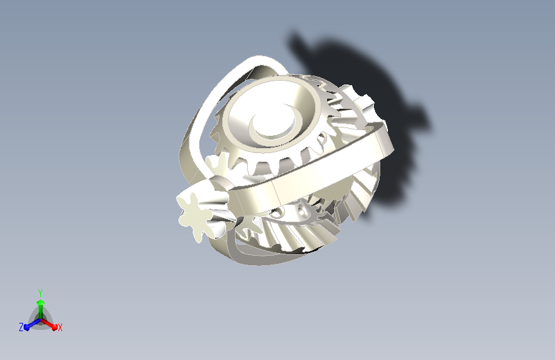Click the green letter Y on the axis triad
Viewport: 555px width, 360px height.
(x=40, y=293)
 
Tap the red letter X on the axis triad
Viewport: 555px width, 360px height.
(x=60, y=327)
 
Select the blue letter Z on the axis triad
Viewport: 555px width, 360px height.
(x=21, y=327)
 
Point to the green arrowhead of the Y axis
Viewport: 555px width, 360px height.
(x=41, y=303)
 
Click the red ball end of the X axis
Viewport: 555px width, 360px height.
(x=54, y=327)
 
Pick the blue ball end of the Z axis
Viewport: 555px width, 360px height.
(x=27, y=327)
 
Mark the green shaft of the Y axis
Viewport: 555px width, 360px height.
(x=41, y=312)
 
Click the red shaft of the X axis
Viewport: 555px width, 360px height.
(x=47, y=323)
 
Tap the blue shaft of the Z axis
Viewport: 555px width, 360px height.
(x=34, y=323)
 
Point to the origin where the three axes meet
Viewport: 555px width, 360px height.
(x=41, y=320)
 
